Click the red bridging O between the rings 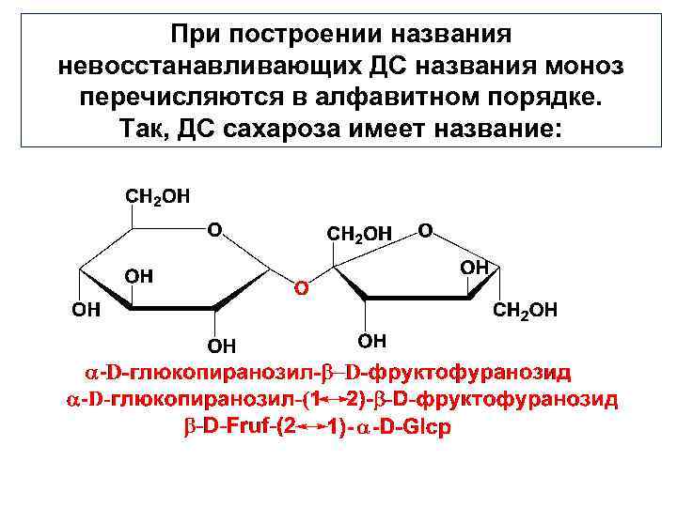pos(301,286)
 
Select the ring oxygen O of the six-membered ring pos(214,228)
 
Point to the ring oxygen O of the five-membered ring pos(425,228)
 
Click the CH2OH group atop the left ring pos(157,197)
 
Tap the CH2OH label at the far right pos(526,309)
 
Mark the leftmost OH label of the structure pos(87,310)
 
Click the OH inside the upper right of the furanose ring pos(475,268)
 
